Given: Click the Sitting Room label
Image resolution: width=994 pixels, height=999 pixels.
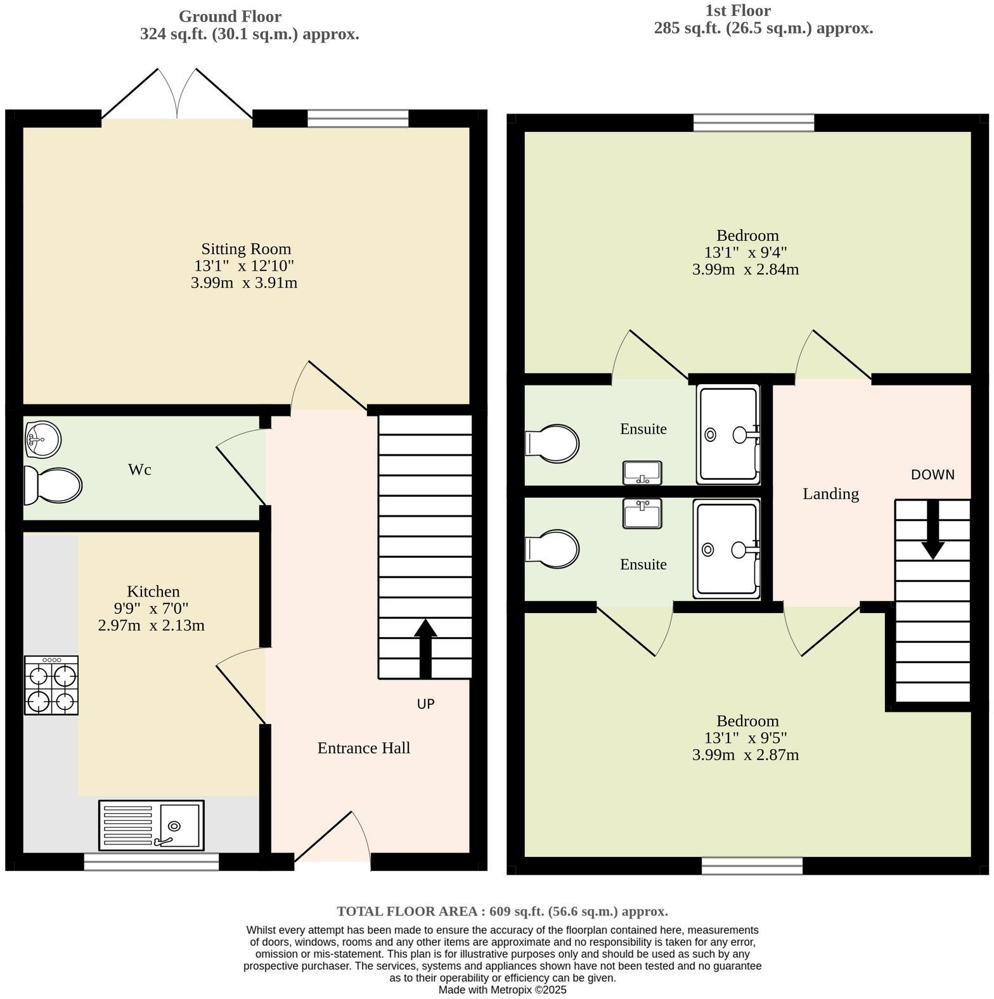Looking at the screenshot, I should pos(246,249).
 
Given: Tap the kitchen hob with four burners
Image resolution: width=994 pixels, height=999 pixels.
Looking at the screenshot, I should pos(51,685).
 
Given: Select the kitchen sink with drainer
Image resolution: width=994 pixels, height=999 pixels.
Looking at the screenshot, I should pos(152,825).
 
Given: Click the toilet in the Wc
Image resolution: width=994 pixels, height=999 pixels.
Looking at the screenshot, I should pos(53,486).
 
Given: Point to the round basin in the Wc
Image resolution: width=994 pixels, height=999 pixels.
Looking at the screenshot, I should pos(43,439).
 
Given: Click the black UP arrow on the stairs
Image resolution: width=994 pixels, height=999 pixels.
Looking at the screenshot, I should pos(425,648).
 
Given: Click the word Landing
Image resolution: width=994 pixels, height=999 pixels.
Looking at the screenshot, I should pos(830,494).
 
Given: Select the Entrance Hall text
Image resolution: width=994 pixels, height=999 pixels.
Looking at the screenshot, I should pos(363,748).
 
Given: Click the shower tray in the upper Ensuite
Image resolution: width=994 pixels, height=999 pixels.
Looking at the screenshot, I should pos(728,435).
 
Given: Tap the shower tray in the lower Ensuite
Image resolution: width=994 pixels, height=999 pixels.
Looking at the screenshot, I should pos(726,549).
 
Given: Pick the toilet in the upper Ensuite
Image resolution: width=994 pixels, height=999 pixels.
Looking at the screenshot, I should pos(553,442).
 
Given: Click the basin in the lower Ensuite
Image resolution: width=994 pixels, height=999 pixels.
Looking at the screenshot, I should pos(642,513).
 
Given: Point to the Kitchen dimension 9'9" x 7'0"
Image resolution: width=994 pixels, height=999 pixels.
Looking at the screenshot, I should pos(151,609).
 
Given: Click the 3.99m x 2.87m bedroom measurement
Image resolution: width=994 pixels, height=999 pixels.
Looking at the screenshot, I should pos(745,755).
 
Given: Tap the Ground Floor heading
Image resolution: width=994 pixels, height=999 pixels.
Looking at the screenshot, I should pos(229,16).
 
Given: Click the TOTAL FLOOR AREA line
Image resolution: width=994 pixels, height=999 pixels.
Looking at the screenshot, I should pos(502,912).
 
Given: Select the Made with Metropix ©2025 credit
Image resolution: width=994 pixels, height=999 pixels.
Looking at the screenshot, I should pos(502,989).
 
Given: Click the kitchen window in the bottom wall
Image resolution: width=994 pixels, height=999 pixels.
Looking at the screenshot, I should pos(152,861).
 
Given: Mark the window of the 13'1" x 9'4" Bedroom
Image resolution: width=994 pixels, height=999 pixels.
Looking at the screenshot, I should pos(753,122).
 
